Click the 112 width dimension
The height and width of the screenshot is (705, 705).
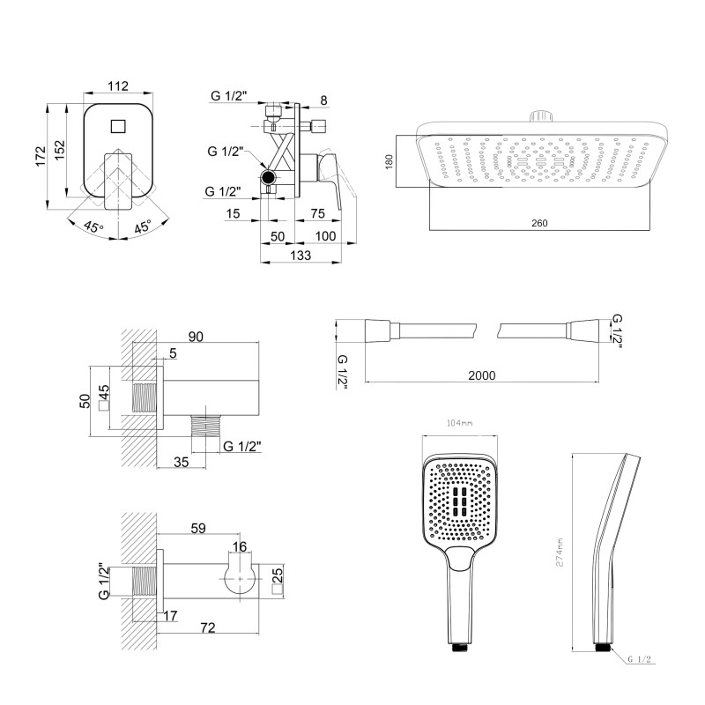click(x=120, y=85)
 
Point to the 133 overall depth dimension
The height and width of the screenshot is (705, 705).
click(x=301, y=256)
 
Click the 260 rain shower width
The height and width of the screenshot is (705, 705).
click(x=540, y=223)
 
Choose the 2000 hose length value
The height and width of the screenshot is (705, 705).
click(x=481, y=375)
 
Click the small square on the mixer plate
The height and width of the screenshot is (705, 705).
click(x=117, y=125)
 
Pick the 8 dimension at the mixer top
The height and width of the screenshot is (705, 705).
click(x=323, y=101)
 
